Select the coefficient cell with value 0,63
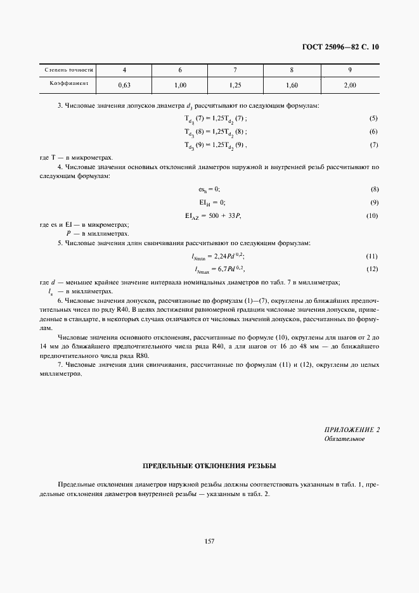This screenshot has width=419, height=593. click(x=124, y=84)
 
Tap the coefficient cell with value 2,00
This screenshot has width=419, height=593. click(x=349, y=84)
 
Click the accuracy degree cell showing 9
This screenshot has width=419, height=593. click(x=349, y=70)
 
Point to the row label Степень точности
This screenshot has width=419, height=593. click(x=68, y=70)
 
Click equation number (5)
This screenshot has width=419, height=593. click(x=373, y=118)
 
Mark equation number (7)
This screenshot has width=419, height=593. click(x=373, y=145)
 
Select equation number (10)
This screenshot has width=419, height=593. click(x=372, y=216)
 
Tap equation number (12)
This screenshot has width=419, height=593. click(x=372, y=269)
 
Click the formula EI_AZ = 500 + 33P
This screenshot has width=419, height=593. click(x=213, y=216)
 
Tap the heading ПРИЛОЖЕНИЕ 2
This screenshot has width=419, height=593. click(x=351, y=430)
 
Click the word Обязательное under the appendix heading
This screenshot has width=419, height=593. click(x=344, y=439)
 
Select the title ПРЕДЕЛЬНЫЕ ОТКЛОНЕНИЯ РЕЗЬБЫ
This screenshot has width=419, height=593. click(x=209, y=466)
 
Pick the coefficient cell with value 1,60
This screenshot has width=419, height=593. click(x=292, y=84)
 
